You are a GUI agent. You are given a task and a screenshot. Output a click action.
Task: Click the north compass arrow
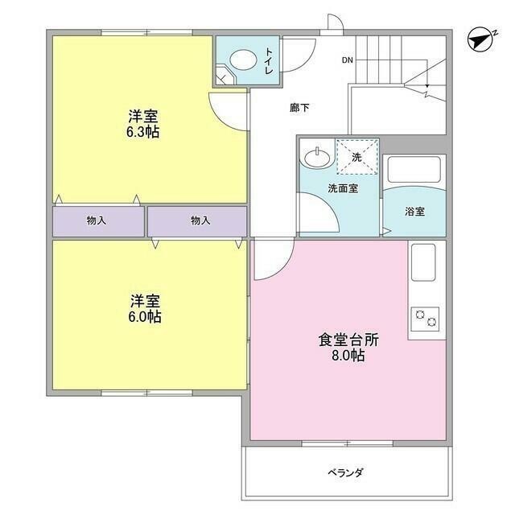[x=480, y=39]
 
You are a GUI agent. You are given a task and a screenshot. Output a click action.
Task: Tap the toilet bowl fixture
[x=241, y=59]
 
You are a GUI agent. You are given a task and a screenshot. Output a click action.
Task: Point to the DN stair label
[x=347, y=60]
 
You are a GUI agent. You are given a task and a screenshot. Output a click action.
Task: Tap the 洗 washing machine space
[x=356, y=156]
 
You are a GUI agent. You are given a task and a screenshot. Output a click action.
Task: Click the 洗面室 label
[x=342, y=187]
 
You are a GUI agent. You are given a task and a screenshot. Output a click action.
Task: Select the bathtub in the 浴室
[x=414, y=171]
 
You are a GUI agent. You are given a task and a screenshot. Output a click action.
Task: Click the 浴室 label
[x=414, y=212]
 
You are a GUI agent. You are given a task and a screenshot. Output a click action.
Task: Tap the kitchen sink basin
[x=424, y=262]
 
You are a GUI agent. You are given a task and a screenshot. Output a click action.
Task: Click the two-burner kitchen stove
[x=426, y=319]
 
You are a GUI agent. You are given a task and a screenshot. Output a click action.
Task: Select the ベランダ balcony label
[x=345, y=472]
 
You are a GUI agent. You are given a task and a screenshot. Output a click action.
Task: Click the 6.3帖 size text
[x=142, y=132]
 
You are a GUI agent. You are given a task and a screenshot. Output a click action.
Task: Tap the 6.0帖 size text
[x=146, y=317]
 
